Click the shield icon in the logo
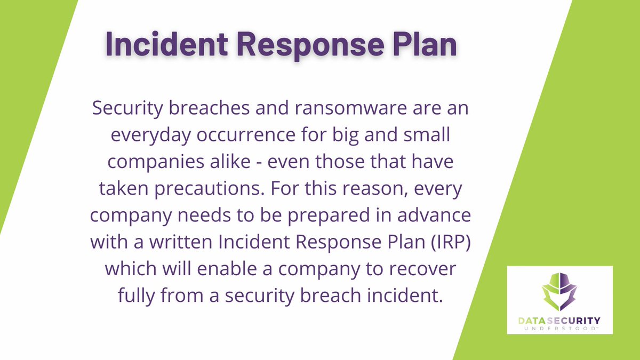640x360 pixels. click(560, 294)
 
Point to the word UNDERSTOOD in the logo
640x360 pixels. click(559, 329)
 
